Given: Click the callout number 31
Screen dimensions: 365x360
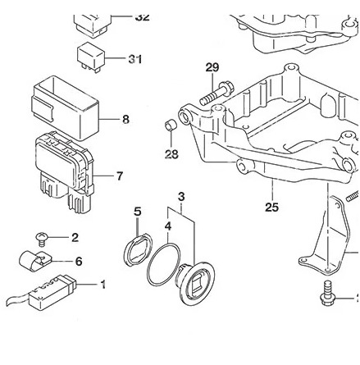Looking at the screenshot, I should [x=134, y=59].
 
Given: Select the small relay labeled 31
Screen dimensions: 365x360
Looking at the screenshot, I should [x=91, y=56].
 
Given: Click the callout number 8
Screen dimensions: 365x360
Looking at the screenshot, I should [x=125, y=119].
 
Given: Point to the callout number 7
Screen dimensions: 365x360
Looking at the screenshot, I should [x=120, y=176].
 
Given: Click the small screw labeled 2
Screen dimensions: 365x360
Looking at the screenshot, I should [x=40, y=239].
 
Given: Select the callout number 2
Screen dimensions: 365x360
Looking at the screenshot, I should [x=75, y=238].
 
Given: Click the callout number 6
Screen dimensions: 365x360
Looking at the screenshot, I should [x=79, y=261].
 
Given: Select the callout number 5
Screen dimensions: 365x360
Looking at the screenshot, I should [x=137, y=211].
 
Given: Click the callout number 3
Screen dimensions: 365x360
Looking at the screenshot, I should [x=180, y=196].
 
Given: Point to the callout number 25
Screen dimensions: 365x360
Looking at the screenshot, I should [x=271, y=208].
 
